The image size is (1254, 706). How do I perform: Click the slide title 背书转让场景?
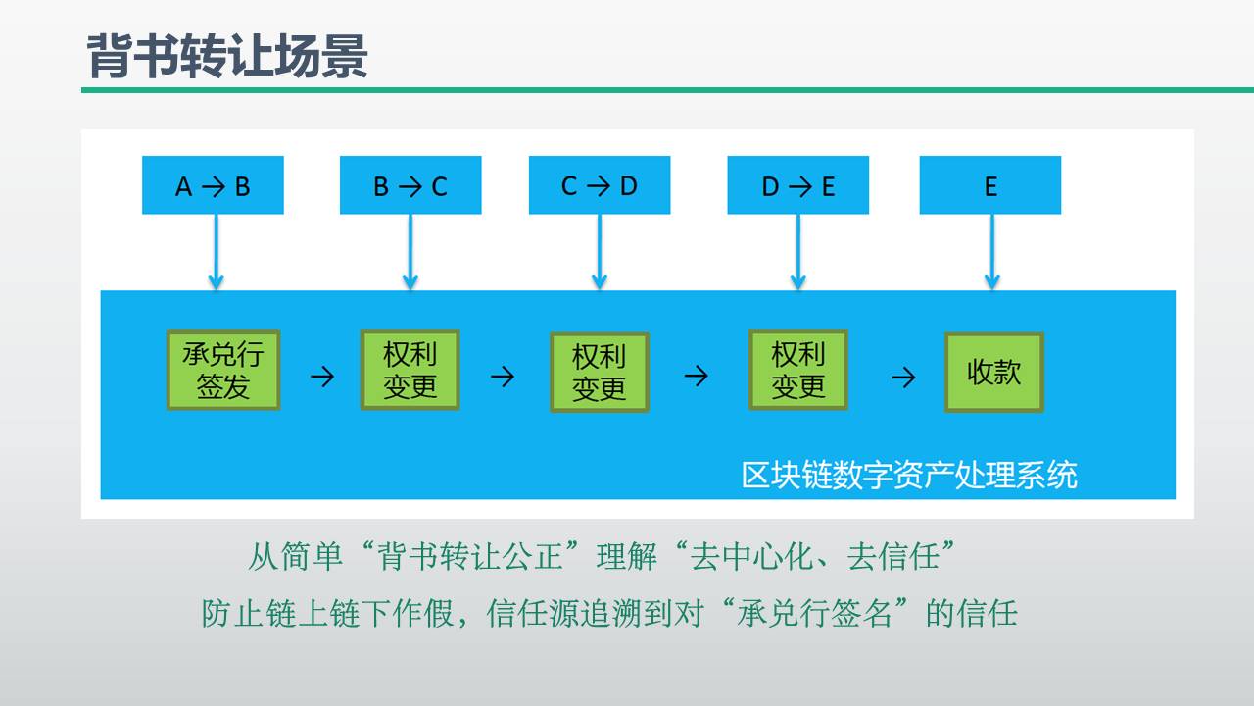tap(226, 56)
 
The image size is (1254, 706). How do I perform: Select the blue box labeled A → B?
tap(213, 185)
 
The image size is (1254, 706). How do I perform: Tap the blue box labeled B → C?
tap(410, 185)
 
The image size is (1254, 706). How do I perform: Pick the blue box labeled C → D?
tap(600, 185)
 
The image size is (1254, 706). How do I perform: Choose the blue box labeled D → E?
tap(797, 185)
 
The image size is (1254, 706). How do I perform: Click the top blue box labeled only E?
tap(990, 185)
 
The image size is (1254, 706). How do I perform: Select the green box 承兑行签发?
tap(223, 370)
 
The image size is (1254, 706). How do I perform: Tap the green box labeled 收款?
tap(993, 373)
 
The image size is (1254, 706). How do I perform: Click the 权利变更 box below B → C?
tap(410, 370)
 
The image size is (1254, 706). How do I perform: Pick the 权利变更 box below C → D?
tap(599, 373)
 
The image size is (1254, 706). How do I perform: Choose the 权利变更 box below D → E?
tap(797, 370)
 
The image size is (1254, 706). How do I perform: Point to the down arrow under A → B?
tap(217, 252)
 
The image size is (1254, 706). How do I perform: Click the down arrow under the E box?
tap(991, 252)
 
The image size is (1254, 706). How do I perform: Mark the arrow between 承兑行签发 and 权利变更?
tap(321, 377)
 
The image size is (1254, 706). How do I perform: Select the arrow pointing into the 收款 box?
tap(902, 377)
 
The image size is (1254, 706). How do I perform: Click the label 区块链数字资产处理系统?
tap(909, 475)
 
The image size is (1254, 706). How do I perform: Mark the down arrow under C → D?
tap(600, 252)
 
